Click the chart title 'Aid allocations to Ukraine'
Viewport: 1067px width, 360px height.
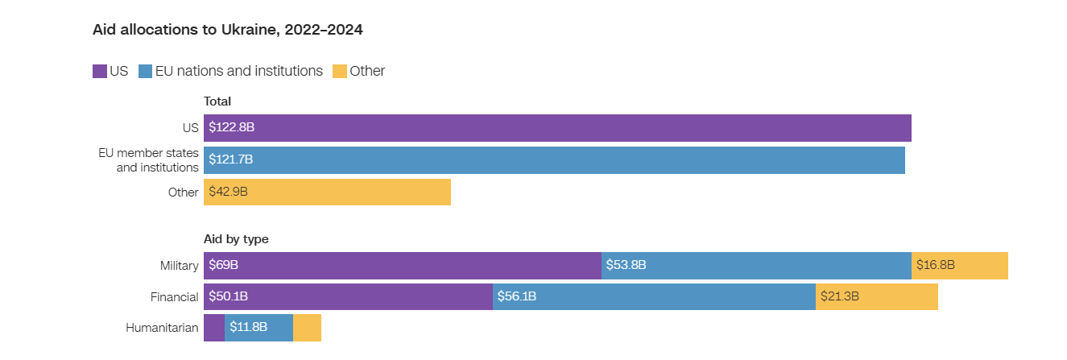coord(228,30)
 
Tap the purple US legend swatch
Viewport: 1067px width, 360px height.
coord(100,71)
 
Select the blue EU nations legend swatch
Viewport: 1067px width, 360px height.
coord(146,71)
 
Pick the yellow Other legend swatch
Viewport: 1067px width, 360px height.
coord(340,71)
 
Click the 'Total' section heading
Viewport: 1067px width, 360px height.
coord(217,101)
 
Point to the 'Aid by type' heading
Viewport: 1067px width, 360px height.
coord(236,239)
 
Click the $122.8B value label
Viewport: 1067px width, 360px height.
coord(231,127)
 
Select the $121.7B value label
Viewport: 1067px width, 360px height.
coord(230,159)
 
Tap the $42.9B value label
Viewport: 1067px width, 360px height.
coord(228,192)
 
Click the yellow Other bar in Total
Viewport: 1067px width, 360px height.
coord(346,192)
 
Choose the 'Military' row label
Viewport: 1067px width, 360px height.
coord(179,266)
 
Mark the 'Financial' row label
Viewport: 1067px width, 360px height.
coord(174,297)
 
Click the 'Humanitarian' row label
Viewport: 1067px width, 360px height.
coord(162,328)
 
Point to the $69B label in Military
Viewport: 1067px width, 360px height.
coord(223,265)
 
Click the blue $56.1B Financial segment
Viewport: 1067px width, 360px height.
coord(654,296)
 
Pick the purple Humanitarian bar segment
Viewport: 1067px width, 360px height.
coord(214,328)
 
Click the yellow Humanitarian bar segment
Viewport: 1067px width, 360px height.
coord(307,328)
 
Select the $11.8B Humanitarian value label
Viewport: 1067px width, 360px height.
coord(249,328)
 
